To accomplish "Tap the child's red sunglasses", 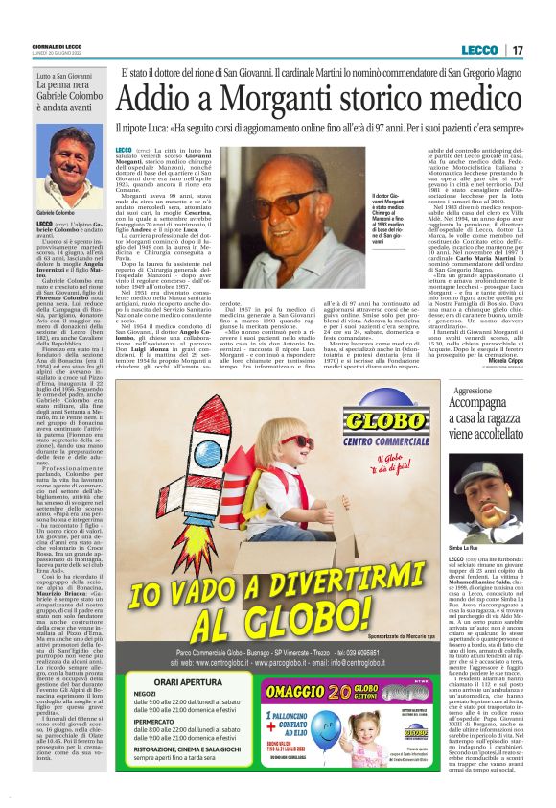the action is click(292, 442).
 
